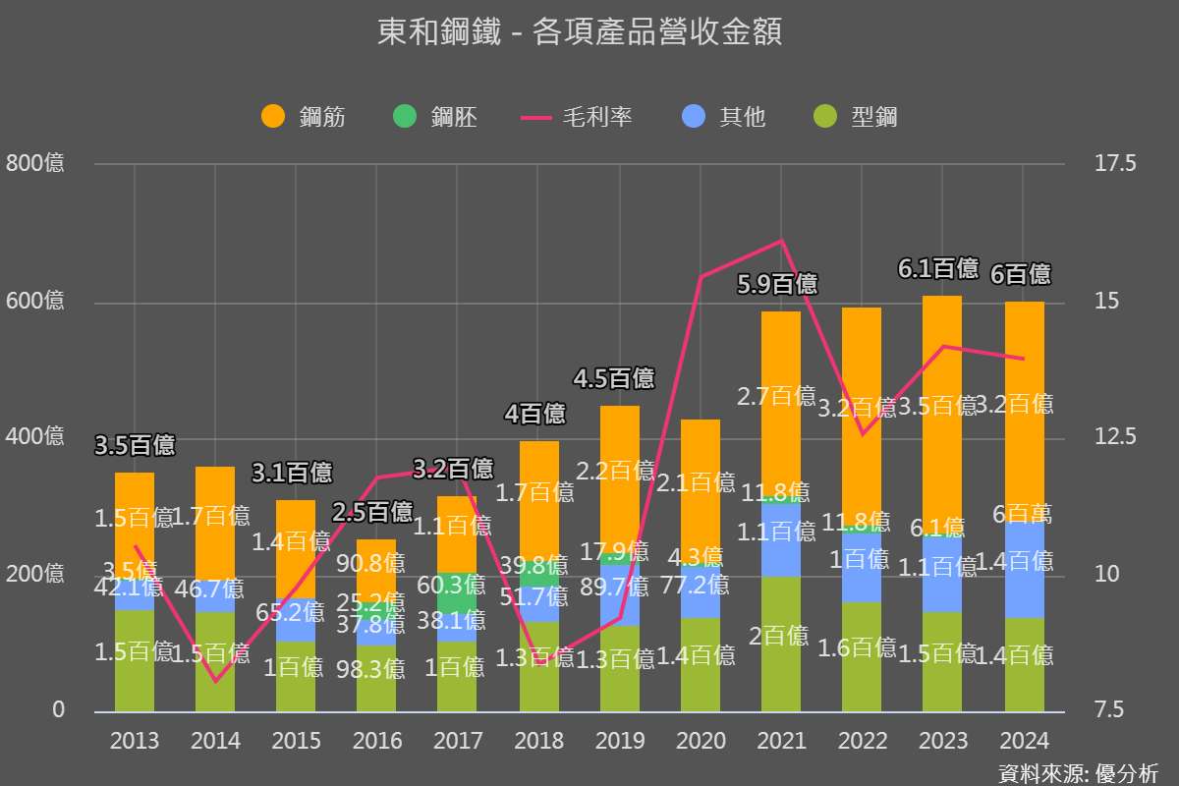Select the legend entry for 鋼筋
pos(305,117)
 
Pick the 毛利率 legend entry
pos(577,117)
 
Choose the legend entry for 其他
pos(723,117)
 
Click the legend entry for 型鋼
pos(855,117)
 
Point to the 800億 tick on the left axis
pos(35,163)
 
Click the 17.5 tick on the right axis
pos(1114,163)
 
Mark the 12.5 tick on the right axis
pos(1114,436)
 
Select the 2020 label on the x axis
pos(701,741)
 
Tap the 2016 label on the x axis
pos(377,741)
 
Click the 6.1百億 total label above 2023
pos(938,268)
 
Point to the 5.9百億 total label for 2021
pos(777,285)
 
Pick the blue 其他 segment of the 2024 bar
pos(1024,570)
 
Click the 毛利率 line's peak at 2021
pos(781,241)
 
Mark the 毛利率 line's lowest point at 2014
pos(215,681)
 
